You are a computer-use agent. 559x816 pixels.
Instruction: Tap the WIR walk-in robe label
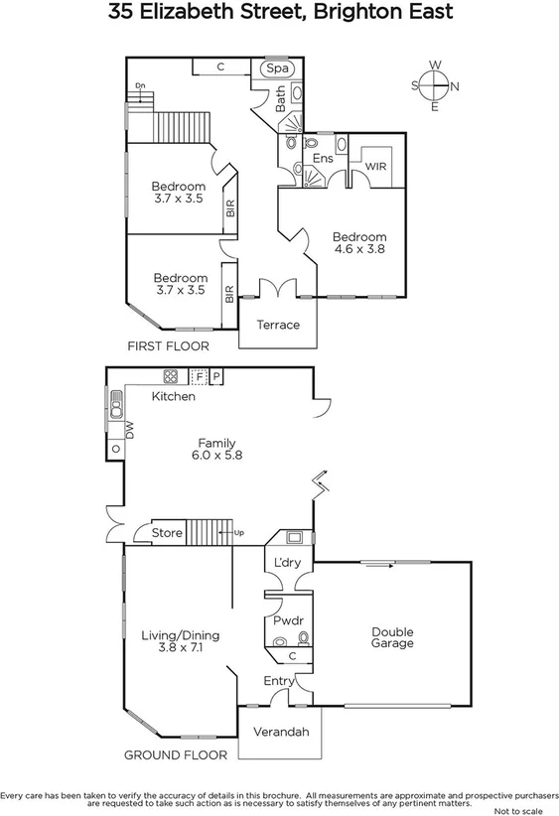coord(375,167)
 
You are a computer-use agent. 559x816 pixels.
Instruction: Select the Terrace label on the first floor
coord(278,325)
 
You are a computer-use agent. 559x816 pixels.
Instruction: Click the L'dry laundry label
coord(287,564)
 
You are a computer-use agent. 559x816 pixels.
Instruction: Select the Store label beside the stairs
coord(167,533)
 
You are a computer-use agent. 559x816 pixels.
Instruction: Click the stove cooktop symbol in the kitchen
coord(170,376)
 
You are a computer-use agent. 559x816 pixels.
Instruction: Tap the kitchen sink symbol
coord(115,404)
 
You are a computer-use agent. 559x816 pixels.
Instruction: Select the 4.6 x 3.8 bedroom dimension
coord(358,250)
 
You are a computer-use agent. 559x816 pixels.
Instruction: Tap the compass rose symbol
coord(434,85)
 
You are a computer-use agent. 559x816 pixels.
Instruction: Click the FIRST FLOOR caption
coord(168,346)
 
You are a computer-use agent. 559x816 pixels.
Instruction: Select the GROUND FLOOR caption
coord(175,754)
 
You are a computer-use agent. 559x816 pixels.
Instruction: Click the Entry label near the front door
coord(279,681)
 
